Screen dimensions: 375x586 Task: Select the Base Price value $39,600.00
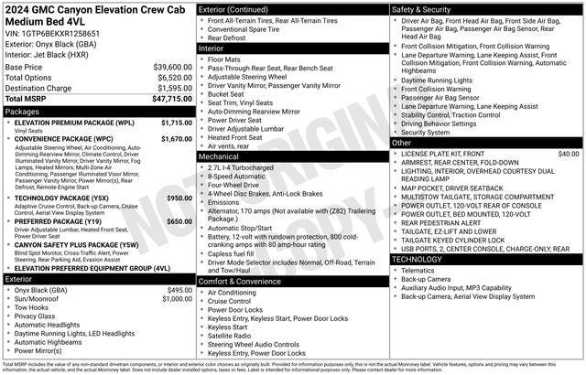point(168,67)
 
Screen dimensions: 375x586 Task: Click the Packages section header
point(23,111)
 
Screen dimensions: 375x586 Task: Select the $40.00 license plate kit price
point(568,155)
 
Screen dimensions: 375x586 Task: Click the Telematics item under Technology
point(423,271)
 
